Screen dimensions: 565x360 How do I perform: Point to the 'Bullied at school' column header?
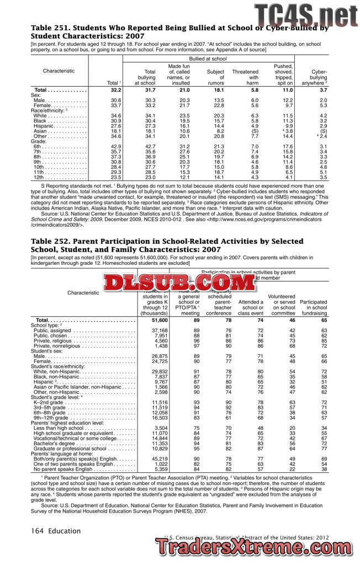pos(208,58)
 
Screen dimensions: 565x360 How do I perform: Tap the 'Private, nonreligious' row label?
pos(59,345)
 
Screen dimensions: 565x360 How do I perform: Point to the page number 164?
pos(37,531)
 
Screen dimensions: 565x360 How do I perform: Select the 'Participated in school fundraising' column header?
pos(314,307)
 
